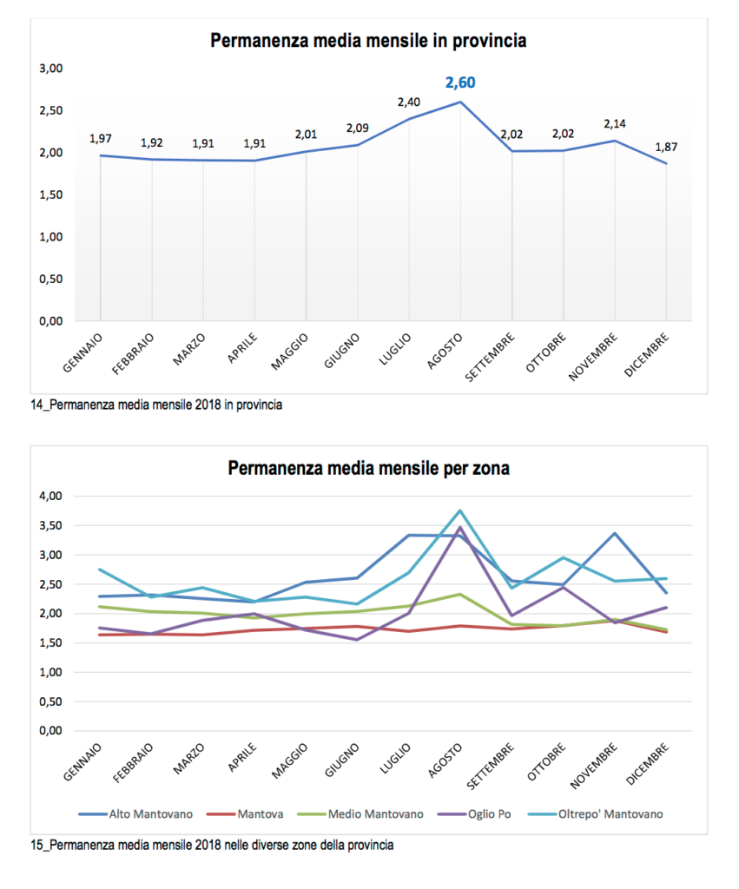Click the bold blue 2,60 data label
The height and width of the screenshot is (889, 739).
[x=460, y=83]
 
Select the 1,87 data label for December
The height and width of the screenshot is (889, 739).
[x=666, y=147]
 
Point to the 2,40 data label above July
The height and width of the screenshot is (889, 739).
[x=409, y=102]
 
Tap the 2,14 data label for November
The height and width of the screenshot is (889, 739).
[x=615, y=124]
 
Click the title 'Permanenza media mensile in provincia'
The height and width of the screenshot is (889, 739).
[x=369, y=41]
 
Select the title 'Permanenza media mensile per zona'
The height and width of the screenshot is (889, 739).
[x=369, y=469]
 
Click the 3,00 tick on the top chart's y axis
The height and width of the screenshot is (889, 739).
[x=50, y=69]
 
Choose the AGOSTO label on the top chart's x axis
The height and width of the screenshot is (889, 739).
[x=449, y=351]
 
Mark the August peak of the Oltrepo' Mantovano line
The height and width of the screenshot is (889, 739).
[x=459, y=510]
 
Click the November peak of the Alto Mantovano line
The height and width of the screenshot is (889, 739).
[x=615, y=533]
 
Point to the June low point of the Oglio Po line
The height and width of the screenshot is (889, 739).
[x=357, y=640]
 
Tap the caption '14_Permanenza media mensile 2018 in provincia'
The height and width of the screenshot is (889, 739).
[x=156, y=405]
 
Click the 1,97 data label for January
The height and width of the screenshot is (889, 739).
[x=101, y=139]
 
